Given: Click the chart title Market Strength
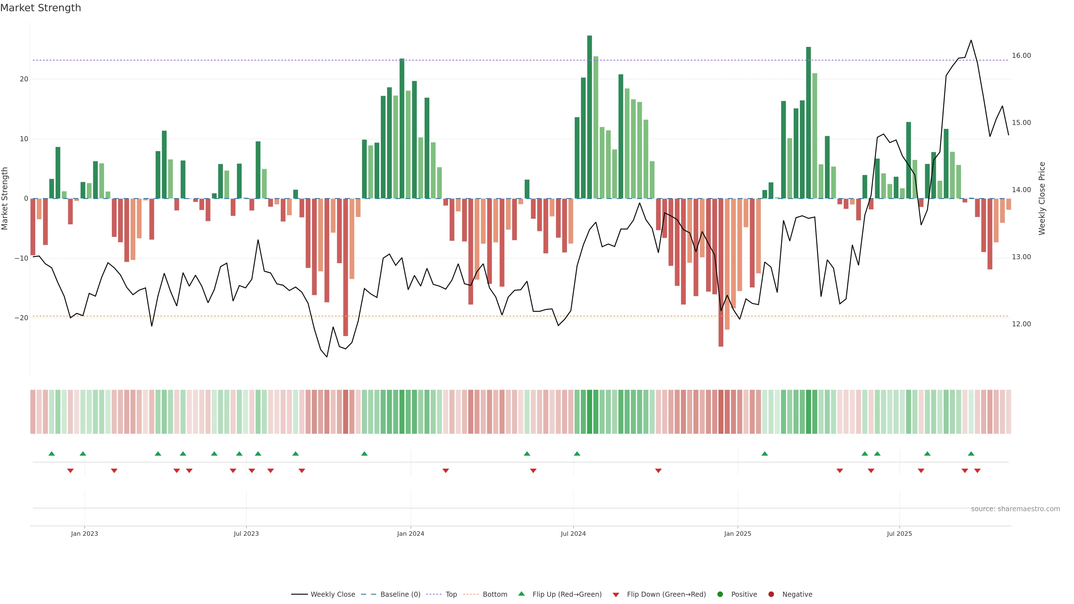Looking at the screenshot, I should (x=41, y=8).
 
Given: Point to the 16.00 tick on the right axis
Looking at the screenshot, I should (x=1021, y=55).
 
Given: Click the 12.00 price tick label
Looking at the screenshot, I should (x=1021, y=324).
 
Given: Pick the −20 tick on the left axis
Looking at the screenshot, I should (x=21, y=318).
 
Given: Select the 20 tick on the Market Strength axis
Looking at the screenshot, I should (x=24, y=79).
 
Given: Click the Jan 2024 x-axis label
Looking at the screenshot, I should (x=410, y=534).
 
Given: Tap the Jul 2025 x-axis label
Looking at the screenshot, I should (x=899, y=534).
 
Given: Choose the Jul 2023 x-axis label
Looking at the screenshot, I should (x=246, y=534).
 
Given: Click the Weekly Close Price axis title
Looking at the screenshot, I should (x=1042, y=199).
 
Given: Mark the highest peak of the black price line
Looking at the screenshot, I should (x=971, y=41).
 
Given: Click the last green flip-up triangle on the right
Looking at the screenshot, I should (x=971, y=454).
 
